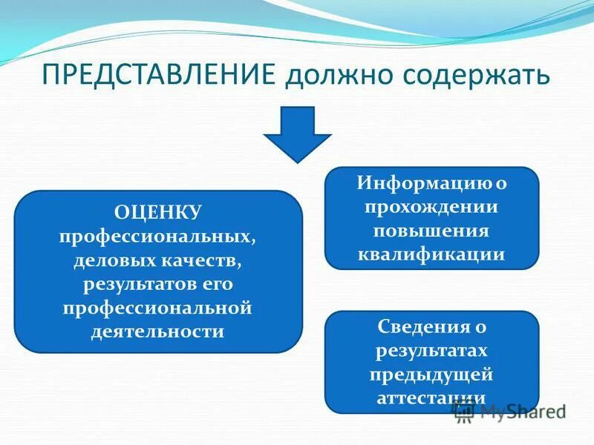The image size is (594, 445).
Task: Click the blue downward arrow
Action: tap(298, 133)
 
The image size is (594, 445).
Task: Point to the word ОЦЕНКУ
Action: tap(158, 214)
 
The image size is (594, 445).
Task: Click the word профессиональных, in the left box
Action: tap(158, 237)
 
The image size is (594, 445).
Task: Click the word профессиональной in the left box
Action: tap(158, 307)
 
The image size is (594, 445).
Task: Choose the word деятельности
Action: tap(158, 331)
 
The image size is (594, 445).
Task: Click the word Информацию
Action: tap(421, 182)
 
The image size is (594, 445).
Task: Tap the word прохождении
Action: tap(431, 206)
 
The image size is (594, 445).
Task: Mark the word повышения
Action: tap(431, 230)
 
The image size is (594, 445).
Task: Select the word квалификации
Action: tap(431, 254)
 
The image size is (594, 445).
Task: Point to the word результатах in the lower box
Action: tap(431, 350)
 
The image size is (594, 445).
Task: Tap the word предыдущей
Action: tap(431, 374)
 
